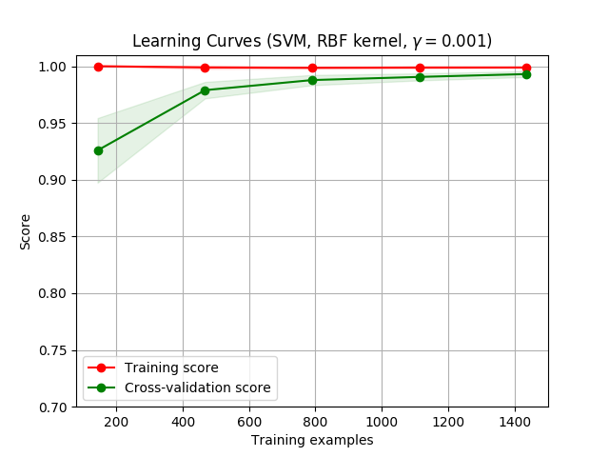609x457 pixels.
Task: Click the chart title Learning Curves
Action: (x=311, y=41)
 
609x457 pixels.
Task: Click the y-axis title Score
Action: (x=26, y=231)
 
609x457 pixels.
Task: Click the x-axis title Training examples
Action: (x=312, y=440)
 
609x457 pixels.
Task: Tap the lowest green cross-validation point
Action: (x=98, y=150)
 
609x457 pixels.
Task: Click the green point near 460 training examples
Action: (x=205, y=90)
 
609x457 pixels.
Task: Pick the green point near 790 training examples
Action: (x=312, y=80)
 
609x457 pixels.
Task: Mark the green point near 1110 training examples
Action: (x=420, y=77)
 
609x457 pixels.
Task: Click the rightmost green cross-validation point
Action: (x=526, y=74)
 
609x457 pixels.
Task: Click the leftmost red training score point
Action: (x=98, y=67)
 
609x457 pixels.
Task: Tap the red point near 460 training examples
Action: (x=205, y=68)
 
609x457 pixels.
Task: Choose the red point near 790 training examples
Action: (x=312, y=68)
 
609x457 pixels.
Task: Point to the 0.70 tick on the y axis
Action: (x=54, y=407)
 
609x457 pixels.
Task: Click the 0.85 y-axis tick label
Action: (x=54, y=237)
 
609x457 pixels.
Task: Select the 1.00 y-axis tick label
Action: (x=54, y=67)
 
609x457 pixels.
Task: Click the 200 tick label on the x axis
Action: (x=116, y=421)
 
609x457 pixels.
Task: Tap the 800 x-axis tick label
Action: (x=316, y=421)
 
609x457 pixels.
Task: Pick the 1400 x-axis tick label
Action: (x=515, y=421)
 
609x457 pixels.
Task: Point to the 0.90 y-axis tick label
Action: (x=54, y=180)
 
